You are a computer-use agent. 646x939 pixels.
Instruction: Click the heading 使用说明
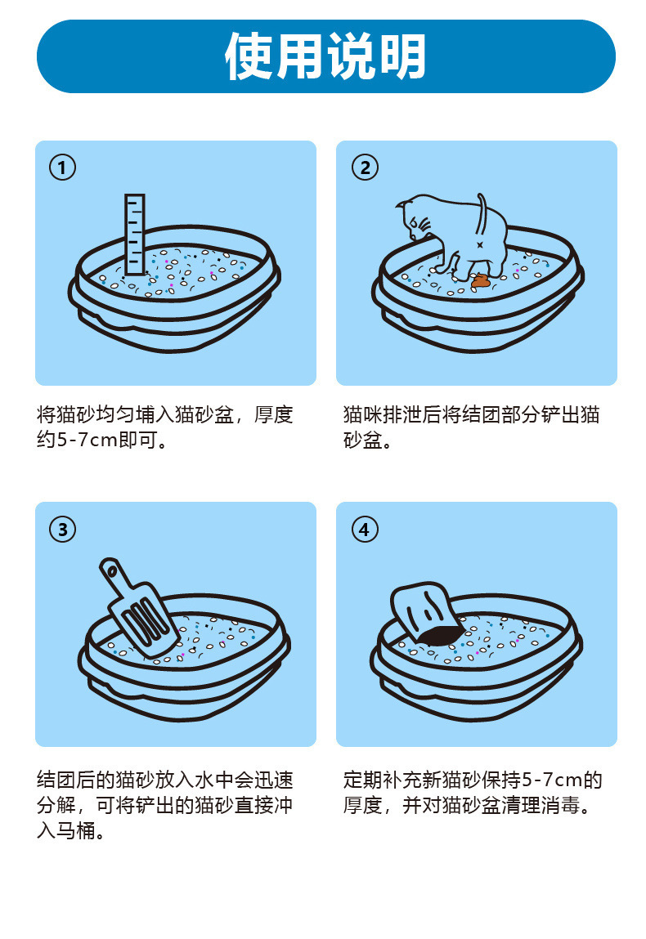[x=325, y=56]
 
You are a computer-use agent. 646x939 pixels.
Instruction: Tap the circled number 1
[x=63, y=168]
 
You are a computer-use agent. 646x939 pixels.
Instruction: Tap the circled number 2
[x=365, y=168]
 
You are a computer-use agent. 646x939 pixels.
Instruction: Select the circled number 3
[x=63, y=529]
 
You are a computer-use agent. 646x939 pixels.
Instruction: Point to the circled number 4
[x=365, y=529]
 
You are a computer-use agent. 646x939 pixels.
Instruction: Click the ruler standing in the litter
[x=135, y=232]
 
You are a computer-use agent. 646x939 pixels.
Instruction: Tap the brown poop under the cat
[x=482, y=281]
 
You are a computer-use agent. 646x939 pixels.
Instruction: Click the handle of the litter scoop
[x=114, y=575]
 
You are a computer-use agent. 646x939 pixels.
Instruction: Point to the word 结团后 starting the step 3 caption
[x=66, y=779]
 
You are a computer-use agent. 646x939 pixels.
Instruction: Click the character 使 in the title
[x=250, y=56]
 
